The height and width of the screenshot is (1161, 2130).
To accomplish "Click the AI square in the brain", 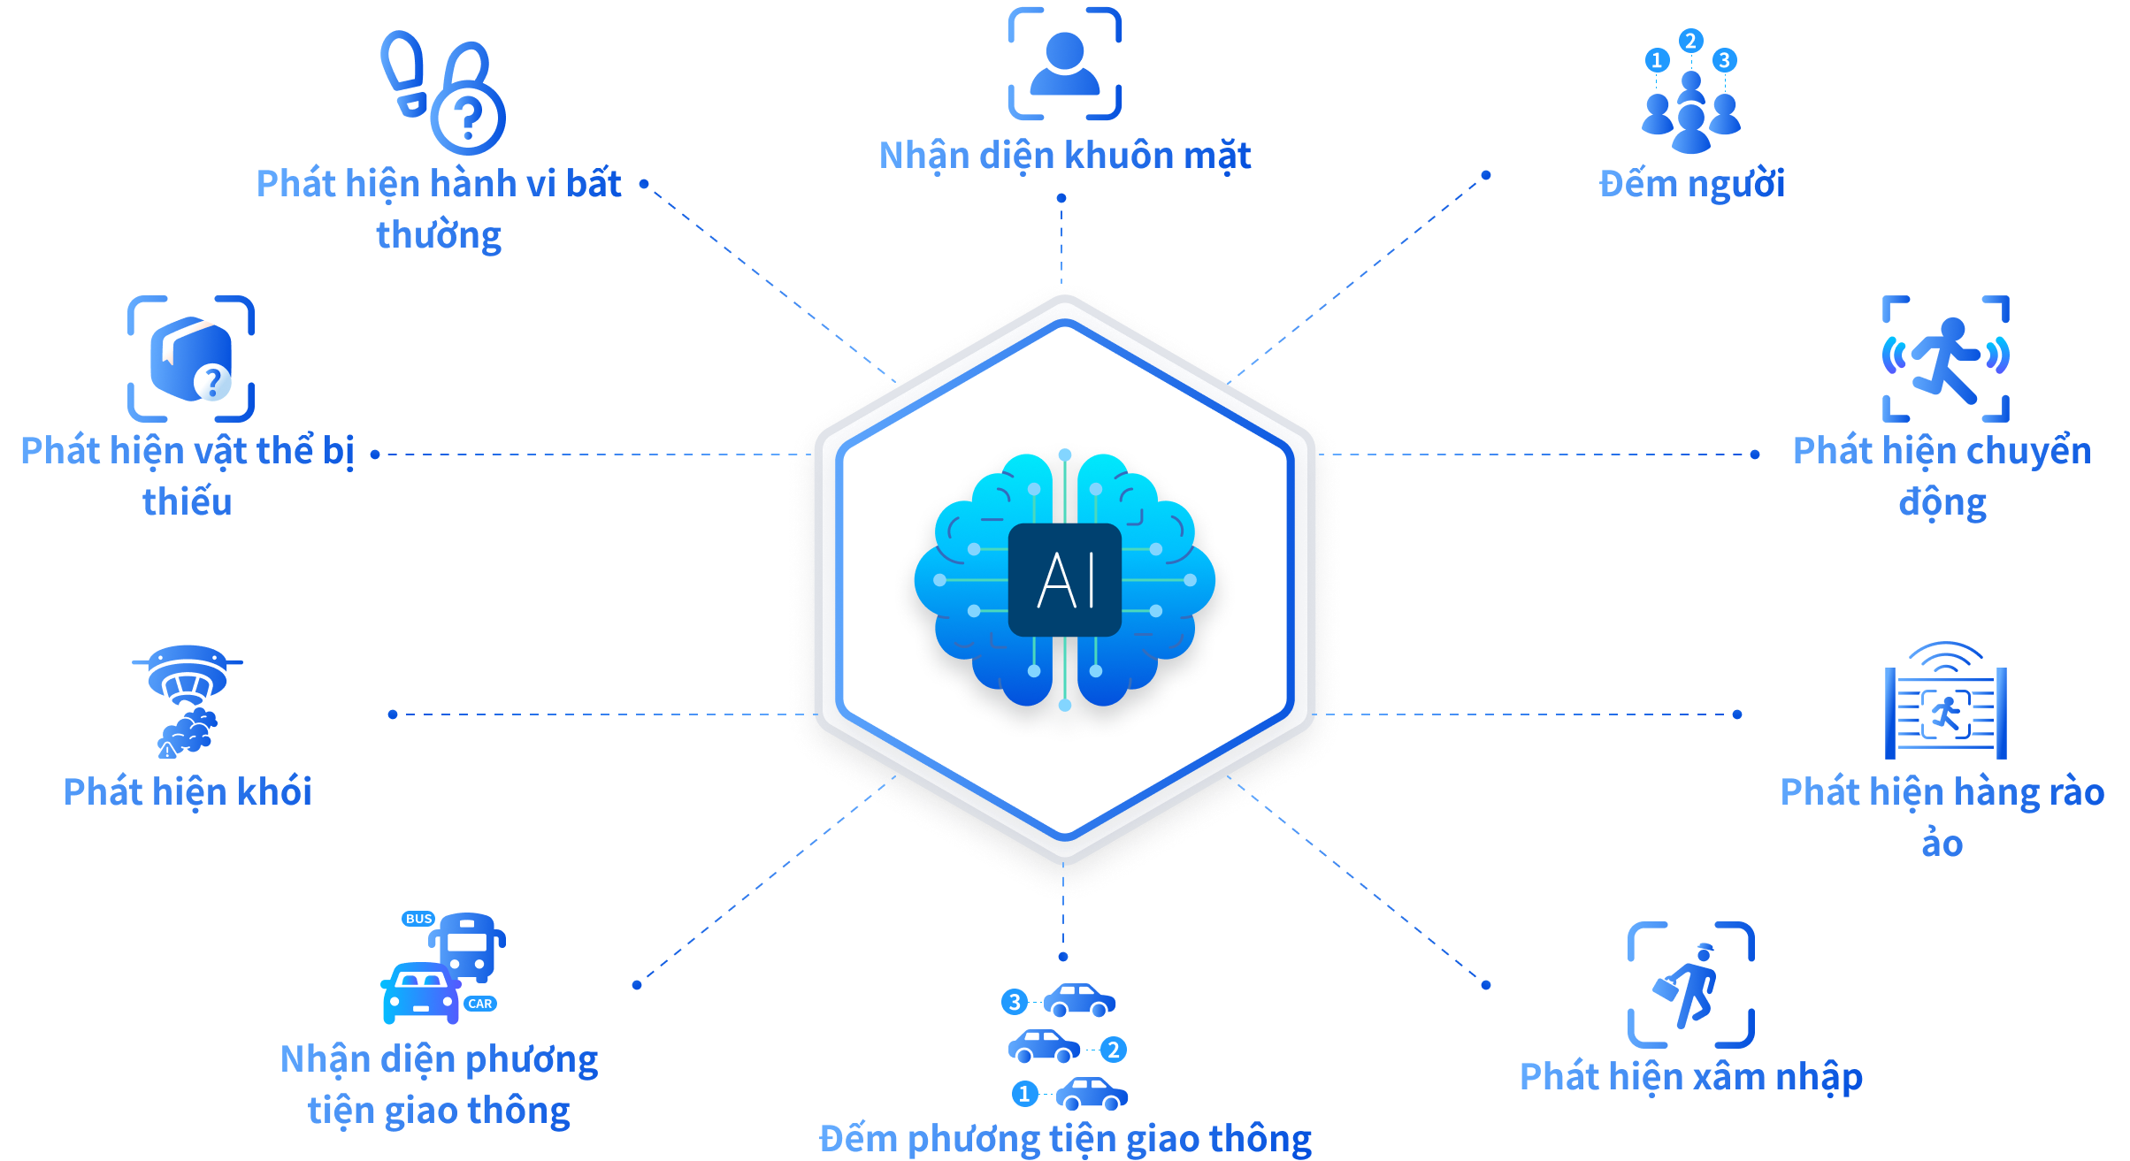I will [x=1065, y=580].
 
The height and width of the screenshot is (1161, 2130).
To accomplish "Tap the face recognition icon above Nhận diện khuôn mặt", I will [x=1065, y=64].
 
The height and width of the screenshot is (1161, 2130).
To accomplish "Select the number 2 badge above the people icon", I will [x=1690, y=41].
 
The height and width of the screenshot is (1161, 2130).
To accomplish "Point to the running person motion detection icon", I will [x=1945, y=359].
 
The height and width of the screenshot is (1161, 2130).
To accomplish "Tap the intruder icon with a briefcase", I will [x=1690, y=985].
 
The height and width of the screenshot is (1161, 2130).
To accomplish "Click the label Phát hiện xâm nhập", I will [x=1690, y=1077].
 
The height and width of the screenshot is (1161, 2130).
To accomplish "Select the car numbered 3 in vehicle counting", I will [x=1079, y=1001].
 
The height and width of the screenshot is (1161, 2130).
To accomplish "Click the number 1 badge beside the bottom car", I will [x=1024, y=1094].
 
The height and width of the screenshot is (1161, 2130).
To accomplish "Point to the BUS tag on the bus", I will [x=418, y=919].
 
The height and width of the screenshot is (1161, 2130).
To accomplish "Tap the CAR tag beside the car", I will [x=480, y=1004].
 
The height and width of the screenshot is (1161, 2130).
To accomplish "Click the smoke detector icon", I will [x=188, y=699].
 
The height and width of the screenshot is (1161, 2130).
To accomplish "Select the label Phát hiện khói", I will [x=188, y=792].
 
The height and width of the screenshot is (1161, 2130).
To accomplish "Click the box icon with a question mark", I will [x=191, y=359].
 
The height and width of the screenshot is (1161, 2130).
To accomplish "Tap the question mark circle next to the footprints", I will [x=468, y=115].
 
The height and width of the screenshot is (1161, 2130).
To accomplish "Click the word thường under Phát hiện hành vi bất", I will [x=439, y=236].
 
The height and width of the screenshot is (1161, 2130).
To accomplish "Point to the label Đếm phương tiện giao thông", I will [x=1065, y=1139].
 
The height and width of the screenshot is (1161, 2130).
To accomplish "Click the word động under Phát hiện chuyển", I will [x=1942, y=502].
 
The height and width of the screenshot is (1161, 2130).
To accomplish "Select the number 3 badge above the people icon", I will [x=1724, y=60].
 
